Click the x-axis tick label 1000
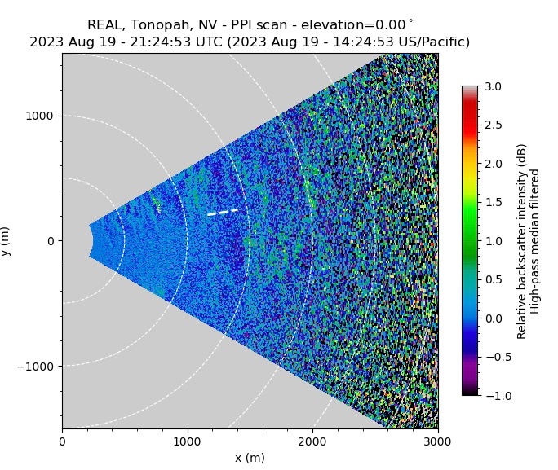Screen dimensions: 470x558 tap(188, 442)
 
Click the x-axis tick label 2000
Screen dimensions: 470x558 tap(312, 442)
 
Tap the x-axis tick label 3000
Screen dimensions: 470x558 tap(438, 442)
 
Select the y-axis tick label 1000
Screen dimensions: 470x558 tap(40, 116)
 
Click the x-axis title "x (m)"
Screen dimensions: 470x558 tap(250, 458)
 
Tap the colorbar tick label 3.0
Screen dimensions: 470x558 tap(493, 86)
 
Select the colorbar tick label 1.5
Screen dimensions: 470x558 tap(493, 202)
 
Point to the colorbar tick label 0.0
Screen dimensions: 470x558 tap(493, 318)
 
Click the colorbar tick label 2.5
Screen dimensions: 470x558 tap(493, 125)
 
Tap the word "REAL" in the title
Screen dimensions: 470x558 tap(105, 24)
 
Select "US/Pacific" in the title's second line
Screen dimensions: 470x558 tap(428, 42)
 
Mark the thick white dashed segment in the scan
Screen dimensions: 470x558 tap(223, 212)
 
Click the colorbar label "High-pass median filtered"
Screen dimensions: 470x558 tap(536, 242)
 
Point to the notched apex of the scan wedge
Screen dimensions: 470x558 tap(94, 241)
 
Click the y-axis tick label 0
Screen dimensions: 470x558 tap(50, 242)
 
